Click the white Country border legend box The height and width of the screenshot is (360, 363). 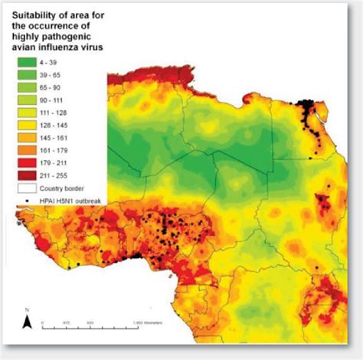pos(31,187)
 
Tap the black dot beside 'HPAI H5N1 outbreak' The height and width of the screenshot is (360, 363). pos(31,200)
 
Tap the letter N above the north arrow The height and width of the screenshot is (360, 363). pos(27,309)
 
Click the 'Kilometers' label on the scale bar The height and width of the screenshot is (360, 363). pos(155,323)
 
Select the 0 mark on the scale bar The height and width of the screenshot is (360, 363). pos(44,323)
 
